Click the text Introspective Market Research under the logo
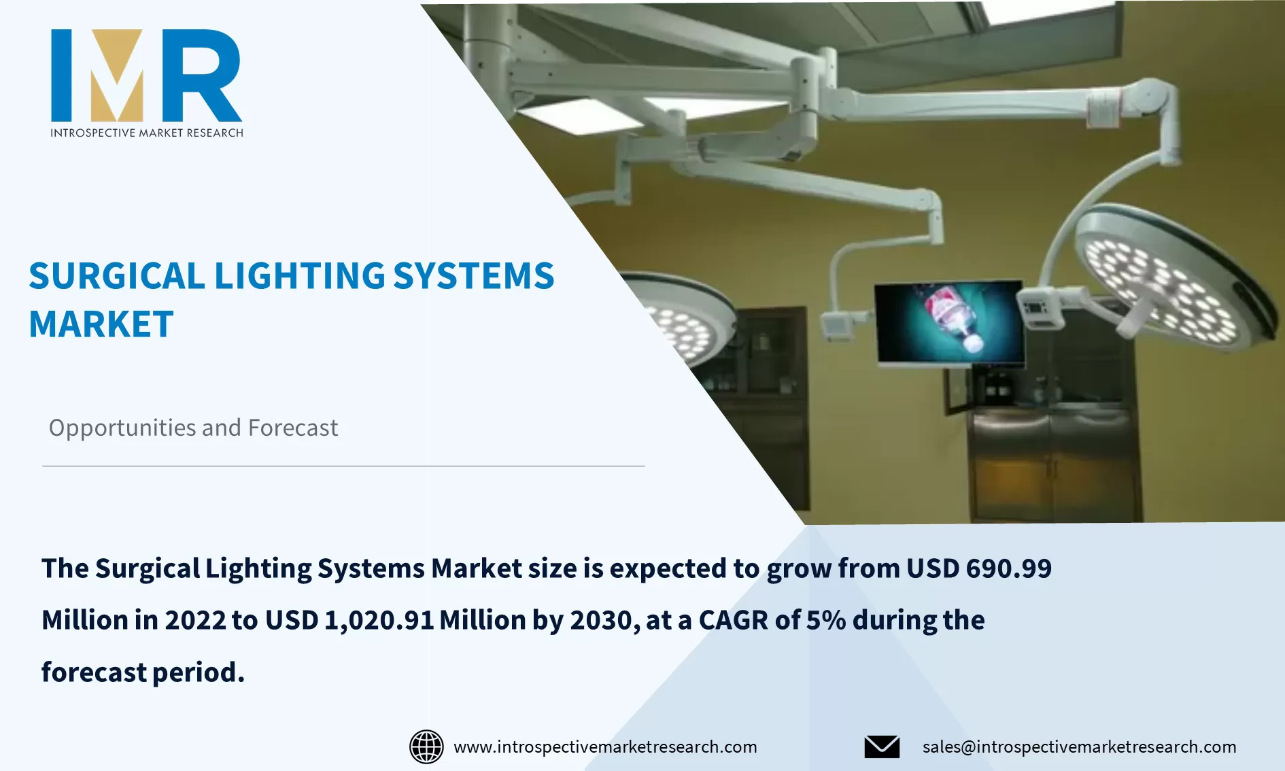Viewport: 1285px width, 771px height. (x=146, y=133)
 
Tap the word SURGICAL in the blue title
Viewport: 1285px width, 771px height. (x=116, y=276)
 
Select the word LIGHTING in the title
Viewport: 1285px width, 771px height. (x=299, y=276)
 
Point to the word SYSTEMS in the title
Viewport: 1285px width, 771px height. (x=473, y=276)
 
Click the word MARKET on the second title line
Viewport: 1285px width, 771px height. (x=101, y=324)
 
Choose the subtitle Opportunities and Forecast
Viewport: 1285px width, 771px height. (x=193, y=428)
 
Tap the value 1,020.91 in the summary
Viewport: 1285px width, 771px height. (x=379, y=620)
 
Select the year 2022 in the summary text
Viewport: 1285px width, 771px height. (x=194, y=620)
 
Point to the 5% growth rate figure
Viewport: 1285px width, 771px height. (x=825, y=620)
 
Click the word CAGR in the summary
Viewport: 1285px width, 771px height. (x=733, y=620)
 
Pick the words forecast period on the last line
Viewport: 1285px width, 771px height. (x=142, y=672)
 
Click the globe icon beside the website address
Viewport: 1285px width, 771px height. (x=426, y=747)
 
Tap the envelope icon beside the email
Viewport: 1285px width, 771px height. (x=882, y=747)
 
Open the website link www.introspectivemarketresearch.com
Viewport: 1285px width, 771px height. (x=605, y=747)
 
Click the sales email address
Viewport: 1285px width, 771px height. (x=1079, y=747)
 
